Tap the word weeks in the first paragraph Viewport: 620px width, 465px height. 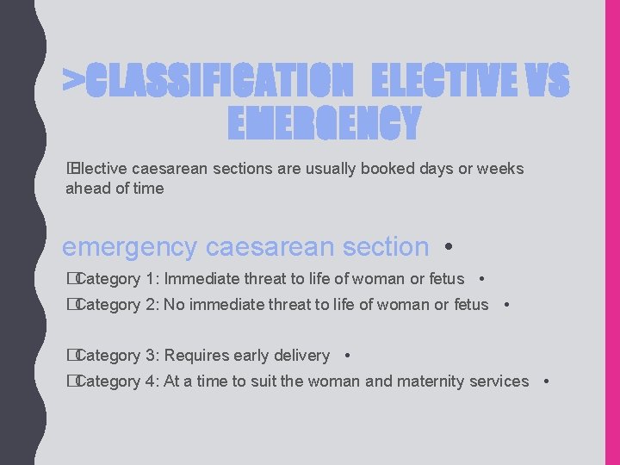tap(499, 169)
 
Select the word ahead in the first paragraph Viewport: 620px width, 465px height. tap(85, 188)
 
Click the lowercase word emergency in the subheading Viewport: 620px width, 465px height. tap(129, 247)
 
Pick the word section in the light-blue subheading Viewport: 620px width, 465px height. tap(385, 247)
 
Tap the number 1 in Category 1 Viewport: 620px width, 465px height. tap(152, 279)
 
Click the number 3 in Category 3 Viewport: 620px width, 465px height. tap(152, 356)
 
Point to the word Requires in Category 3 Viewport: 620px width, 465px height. tap(194, 356)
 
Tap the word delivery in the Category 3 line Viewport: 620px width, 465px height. tap(301, 356)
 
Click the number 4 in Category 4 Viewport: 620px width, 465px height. tap(152, 381)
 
